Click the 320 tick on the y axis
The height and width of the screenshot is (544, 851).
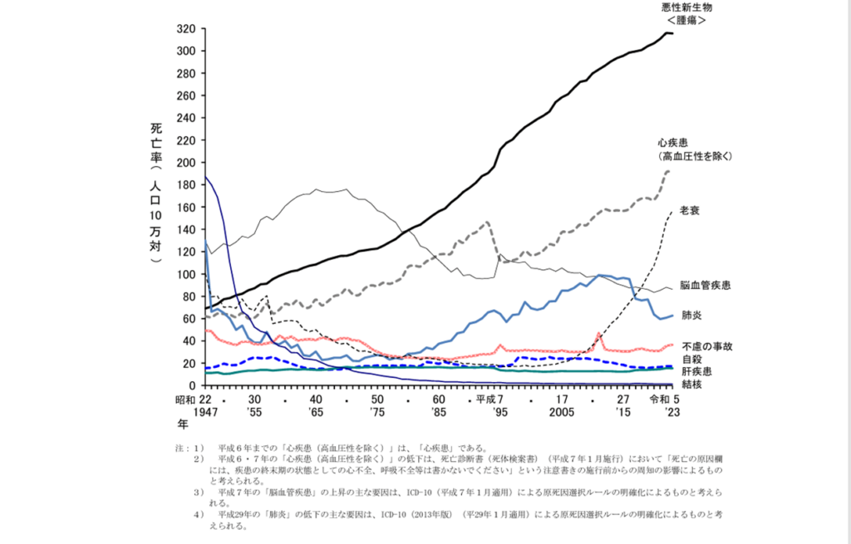click(185, 28)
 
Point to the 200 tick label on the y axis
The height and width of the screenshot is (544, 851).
click(185, 162)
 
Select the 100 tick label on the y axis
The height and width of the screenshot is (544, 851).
click(185, 274)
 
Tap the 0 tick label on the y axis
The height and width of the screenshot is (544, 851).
click(191, 385)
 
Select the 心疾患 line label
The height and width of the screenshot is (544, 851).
click(676, 142)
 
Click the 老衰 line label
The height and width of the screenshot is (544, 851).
click(690, 210)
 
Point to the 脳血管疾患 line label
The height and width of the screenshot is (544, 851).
click(705, 286)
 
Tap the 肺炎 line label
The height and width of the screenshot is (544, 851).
click(691, 316)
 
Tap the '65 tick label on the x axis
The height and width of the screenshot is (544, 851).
click(315, 411)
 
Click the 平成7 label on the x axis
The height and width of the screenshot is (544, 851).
click(489, 398)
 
